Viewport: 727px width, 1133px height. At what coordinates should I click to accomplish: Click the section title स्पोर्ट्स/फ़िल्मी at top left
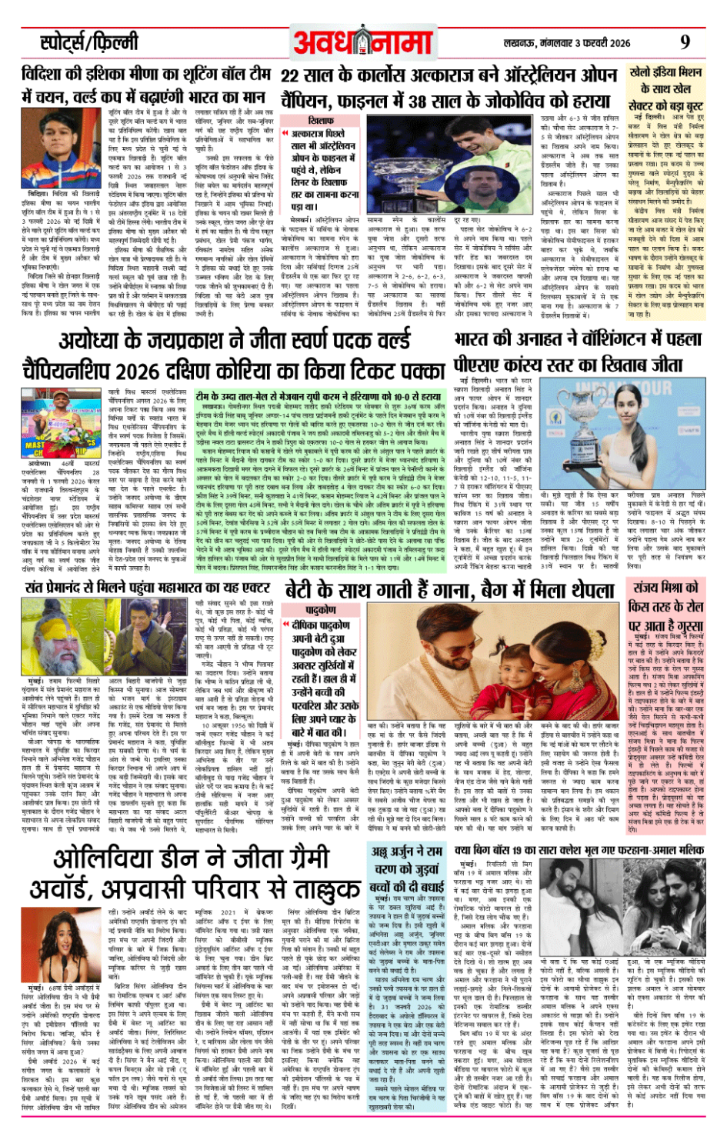pos(89,42)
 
